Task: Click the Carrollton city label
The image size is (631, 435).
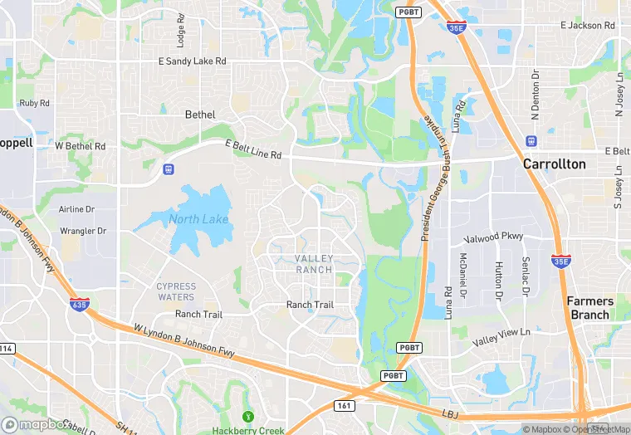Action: tap(554, 164)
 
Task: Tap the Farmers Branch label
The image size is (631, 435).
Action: tap(590, 308)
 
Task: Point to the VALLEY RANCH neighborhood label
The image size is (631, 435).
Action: tap(314, 264)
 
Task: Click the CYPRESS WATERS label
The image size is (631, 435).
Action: tap(176, 291)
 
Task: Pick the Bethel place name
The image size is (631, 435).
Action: tap(200, 115)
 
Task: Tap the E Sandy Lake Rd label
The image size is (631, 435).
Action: tap(193, 61)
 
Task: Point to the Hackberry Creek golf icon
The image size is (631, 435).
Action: tap(246, 416)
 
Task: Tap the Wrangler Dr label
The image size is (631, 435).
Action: tap(83, 231)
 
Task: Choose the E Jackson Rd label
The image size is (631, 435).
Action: tap(587, 26)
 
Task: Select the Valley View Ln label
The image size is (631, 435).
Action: tap(501, 337)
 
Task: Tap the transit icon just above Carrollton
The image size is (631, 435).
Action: tap(531, 139)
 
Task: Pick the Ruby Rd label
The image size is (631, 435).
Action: tap(34, 104)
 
